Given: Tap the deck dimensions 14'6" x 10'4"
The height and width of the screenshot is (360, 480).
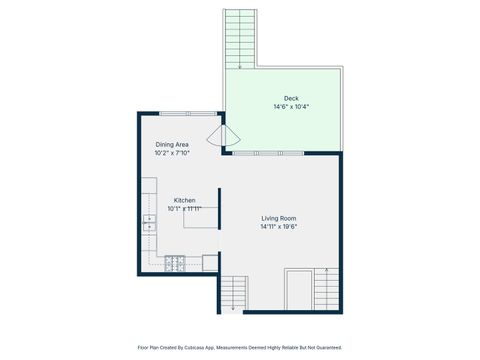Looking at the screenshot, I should pyautogui.click(x=291, y=106).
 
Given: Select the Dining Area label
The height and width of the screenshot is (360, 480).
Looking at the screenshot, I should pyautogui.click(x=172, y=145).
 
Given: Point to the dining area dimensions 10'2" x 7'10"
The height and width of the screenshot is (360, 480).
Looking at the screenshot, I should pyautogui.click(x=172, y=153).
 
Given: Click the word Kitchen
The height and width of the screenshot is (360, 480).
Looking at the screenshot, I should pyautogui.click(x=185, y=201).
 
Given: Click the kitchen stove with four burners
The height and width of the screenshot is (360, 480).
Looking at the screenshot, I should pyautogui.click(x=175, y=263).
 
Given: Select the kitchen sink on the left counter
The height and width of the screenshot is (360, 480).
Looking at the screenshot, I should pyautogui.click(x=149, y=222).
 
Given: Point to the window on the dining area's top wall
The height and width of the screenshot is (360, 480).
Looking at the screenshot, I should pyautogui.click(x=188, y=113).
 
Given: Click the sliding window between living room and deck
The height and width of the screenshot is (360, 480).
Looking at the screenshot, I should pyautogui.click(x=268, y=152).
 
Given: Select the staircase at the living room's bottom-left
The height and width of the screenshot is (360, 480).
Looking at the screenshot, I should pyautogui.click(x=232, y=291).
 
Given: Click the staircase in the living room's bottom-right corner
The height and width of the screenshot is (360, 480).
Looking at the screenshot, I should pyautogui.click(x=327, y=289).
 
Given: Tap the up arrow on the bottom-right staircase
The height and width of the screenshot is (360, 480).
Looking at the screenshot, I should pyautogui.click(x=328, y=270).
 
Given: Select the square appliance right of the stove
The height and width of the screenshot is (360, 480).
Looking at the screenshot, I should pyautogui.click(x=210, y=263).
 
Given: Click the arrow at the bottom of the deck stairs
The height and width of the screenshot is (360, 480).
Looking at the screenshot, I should pyautogui.click(x=240, y=66).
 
